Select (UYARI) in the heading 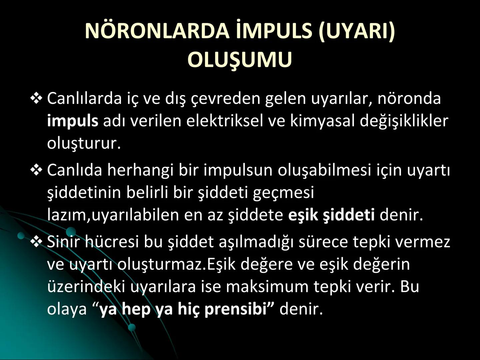[356, 31]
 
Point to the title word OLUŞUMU [240, 60]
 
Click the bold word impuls [73, 121]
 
